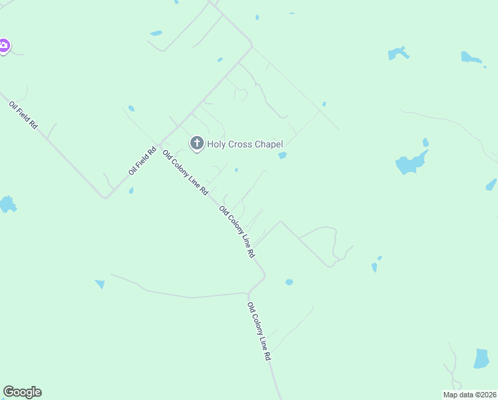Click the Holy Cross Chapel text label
[x=245, y=144]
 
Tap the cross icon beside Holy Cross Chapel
[x=196, y=143]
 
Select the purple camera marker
[x=3, y=45]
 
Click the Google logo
[x=22, y=392]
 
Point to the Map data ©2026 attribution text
[x=470, y=395]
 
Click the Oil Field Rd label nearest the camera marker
[x=23, y=115]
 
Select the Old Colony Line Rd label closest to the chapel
[x=185, y=173]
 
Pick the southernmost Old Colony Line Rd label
[x=259, y=331]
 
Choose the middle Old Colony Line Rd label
[x=237, y=232]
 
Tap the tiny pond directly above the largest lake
[x=425, y=142]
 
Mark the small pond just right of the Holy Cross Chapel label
[x=282, y=155]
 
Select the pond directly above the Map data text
[x=481, y=359]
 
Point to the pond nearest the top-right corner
[x=471, y=58]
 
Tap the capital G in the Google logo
[x=9, y=392]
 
